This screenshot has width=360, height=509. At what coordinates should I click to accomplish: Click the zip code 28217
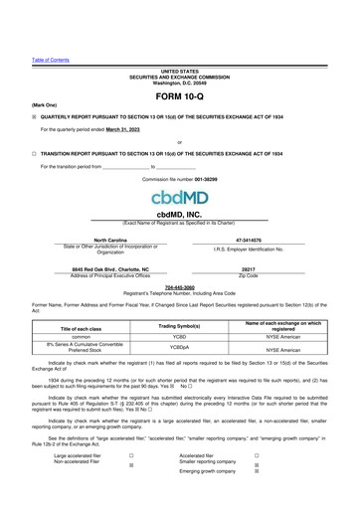pos(249,268)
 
